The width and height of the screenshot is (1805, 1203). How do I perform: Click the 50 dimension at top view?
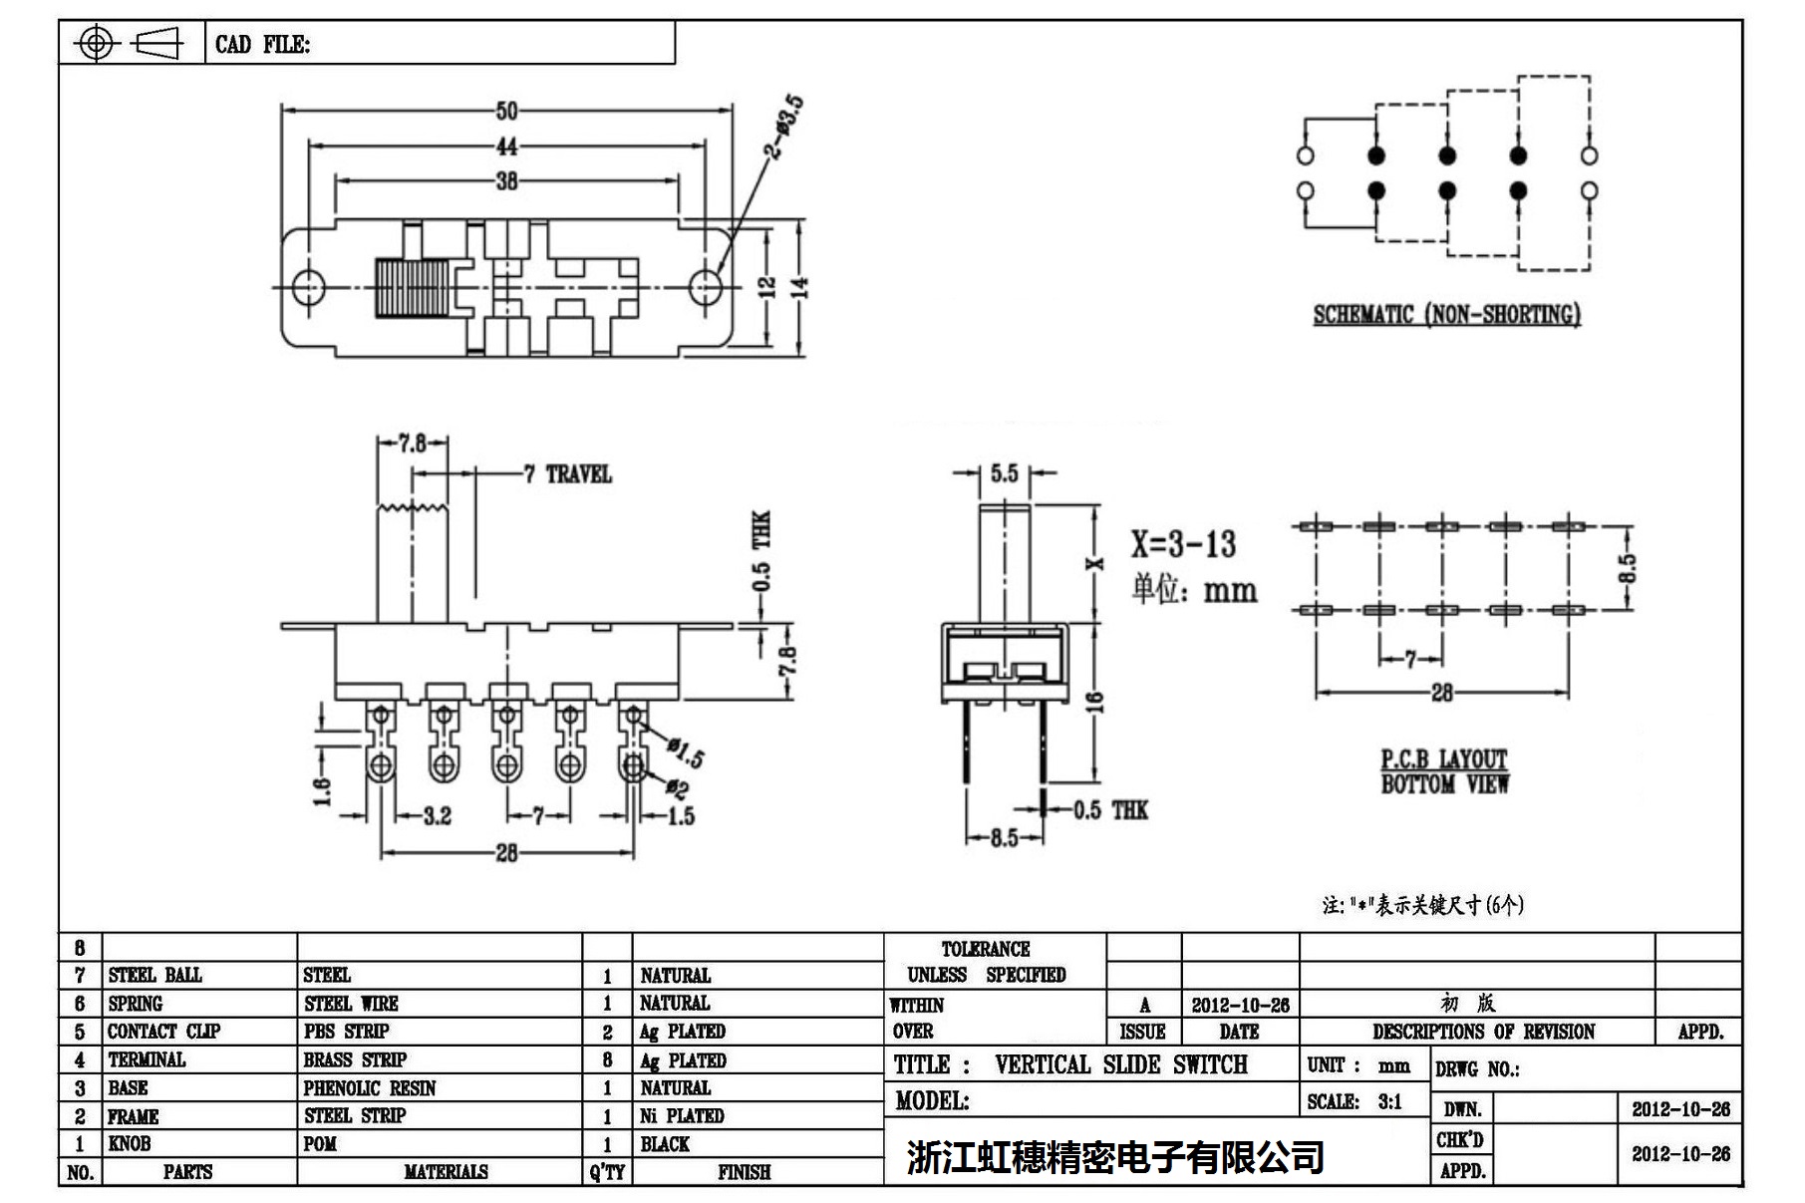point(506,111)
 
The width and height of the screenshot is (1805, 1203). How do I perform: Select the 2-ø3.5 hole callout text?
point(783,127)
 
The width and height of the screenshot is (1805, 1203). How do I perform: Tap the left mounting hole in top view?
point(309,287)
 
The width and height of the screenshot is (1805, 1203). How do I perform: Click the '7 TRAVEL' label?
point(568,474)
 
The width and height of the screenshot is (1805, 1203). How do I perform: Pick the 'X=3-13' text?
point(1182,544)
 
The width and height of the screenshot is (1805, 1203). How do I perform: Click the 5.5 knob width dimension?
point(1004,473)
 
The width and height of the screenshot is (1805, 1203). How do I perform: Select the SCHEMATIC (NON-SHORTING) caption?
point(1446,315)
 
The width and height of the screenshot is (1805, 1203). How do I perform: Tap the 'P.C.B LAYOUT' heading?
point(1443,759)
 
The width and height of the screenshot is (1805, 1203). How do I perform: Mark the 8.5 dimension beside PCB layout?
point(1626,568)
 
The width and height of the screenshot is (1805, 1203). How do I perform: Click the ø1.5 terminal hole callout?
point(686,752)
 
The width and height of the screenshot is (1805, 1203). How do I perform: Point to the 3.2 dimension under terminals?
point(437,816)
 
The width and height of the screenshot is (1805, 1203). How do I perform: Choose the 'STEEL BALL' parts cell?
point(154,975)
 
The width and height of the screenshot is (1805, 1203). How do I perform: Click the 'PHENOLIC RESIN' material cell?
point(370,1087)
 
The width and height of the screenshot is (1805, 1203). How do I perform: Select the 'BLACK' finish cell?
point(665,1144)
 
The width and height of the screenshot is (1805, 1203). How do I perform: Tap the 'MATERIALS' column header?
point(446,1172)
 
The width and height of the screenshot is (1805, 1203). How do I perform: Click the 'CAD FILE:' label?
point(262,45)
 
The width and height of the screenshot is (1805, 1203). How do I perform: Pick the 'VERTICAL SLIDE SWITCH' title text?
point(1120,1064)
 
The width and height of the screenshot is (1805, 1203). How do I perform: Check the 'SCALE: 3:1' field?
point(1354,1101)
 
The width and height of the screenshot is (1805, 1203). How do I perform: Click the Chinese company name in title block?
point(1114,1157)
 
